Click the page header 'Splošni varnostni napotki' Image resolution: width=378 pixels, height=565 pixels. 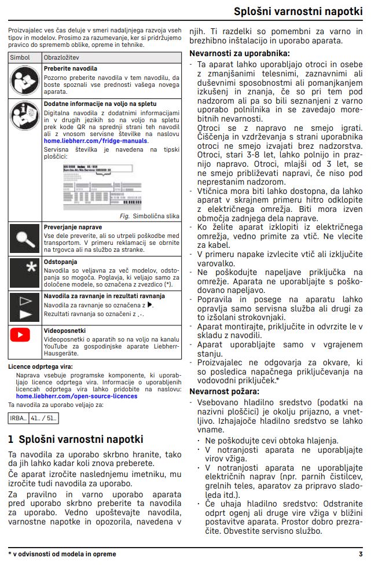coord(298,12)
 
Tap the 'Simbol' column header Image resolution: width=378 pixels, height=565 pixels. coord(20,58)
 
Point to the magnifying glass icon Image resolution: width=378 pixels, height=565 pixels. coord(24,238)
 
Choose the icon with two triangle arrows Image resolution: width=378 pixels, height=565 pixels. coord(24,307)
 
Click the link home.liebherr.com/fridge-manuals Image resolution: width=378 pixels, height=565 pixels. coord(96,141)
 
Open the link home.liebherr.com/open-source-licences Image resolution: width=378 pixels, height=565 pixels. coord(76,397)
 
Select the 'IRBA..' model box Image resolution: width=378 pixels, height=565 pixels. coord(19,417)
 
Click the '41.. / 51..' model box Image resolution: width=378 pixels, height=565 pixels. coord(43,417)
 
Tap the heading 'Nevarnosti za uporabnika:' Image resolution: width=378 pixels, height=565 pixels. coord(231,54)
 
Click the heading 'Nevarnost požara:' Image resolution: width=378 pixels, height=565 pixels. coord(224,392)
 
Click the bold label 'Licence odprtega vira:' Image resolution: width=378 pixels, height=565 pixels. coord(40,366)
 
